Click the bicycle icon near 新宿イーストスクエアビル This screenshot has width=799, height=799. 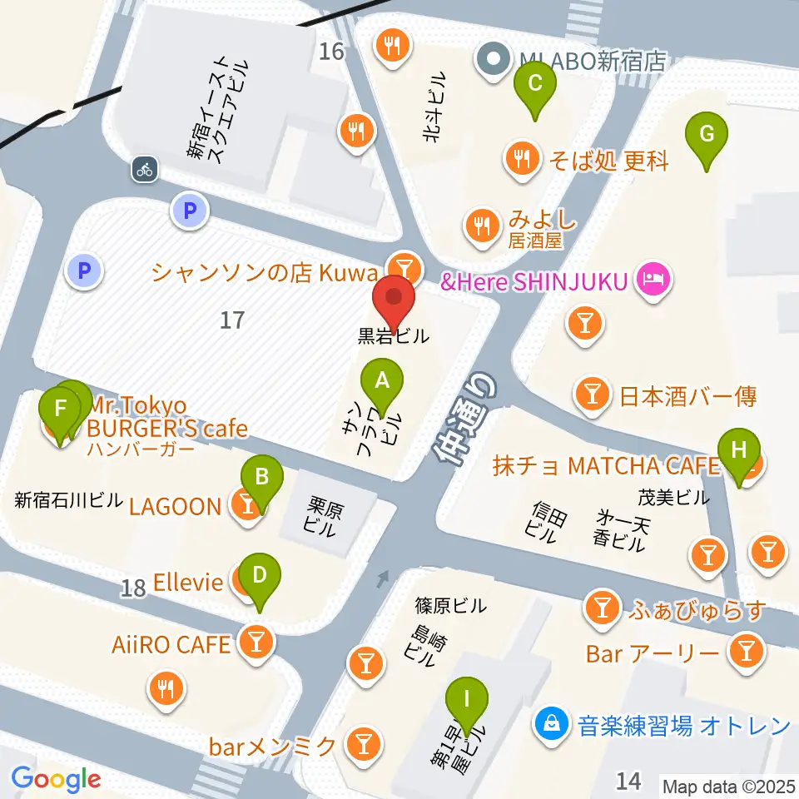pyautogui.click(x=145, y=170)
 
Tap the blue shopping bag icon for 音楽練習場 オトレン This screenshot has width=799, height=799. pyautogui.click(x=552, y=724)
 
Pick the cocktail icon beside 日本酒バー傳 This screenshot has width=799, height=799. pyautogui.click(x=593, y=395)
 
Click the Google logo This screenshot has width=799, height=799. pyautogui.click(x=56, y=778)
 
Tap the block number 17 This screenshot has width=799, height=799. pyautogui.click(x=232, y=319)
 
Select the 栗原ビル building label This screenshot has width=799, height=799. pyautogui.click(x=320, y=515)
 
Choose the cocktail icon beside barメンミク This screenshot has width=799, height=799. pyautogui.click(x=362, y=742)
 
